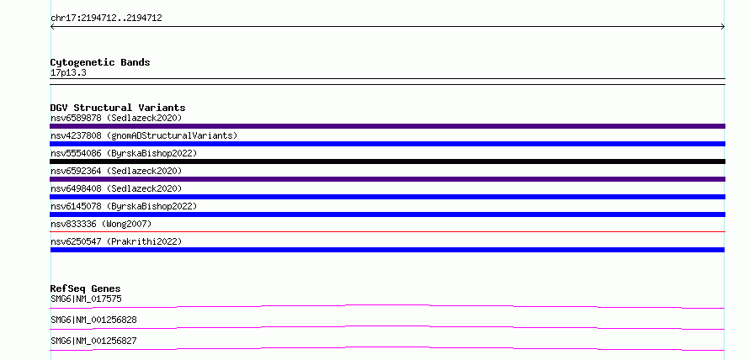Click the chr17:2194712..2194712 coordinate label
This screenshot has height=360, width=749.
click(106, 19)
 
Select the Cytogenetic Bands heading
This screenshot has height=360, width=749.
click(100, 62)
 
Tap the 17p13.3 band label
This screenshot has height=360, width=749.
click(68, 73)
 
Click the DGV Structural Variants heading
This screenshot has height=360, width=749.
click(118, 108)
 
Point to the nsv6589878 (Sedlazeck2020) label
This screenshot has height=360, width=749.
click(116, 118)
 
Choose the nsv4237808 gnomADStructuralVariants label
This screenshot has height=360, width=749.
click(144, 135)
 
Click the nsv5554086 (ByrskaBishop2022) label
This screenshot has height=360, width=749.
click(124, 153)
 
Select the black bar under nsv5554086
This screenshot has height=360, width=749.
click(387, 161)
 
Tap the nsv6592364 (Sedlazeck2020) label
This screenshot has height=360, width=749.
click(116, 171)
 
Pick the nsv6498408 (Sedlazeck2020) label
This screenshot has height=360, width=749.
click(116, 188)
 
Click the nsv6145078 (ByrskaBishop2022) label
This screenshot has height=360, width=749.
click(124, 206)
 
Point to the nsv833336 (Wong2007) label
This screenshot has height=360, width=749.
click(101, 224)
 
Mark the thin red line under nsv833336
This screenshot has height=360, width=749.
click(387, 231)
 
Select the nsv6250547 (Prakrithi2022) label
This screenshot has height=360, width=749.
click(116, 241)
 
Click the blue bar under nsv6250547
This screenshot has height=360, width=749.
click(387, 250)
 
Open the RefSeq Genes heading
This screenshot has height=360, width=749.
click(86, 289)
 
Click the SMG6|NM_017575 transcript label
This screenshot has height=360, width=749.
click(86, 299)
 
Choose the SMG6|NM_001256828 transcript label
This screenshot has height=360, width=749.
click(93, 320)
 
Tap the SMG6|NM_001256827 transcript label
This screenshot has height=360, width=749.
click(93, 341)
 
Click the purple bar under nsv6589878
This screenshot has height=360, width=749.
click(387, 126)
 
